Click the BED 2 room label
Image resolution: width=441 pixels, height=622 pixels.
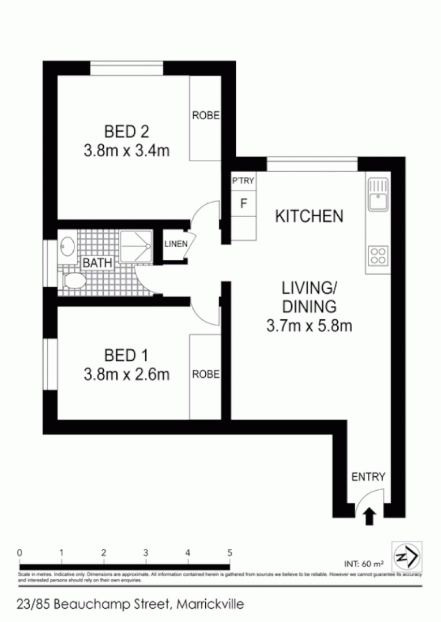126,132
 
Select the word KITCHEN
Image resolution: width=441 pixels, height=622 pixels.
309,217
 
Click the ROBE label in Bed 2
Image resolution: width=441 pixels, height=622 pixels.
206,115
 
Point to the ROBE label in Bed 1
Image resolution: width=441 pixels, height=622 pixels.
206,374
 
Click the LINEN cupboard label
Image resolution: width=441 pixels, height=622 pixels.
176,244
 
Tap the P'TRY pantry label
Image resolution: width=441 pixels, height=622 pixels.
243,181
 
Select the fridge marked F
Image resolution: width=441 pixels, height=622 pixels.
243,203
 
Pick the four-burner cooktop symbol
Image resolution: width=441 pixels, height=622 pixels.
378,255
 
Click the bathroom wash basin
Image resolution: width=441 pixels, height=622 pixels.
67,246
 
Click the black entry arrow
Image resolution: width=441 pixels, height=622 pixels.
369,515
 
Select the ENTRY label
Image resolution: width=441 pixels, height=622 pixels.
368,476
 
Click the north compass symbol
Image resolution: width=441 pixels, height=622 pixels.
406,556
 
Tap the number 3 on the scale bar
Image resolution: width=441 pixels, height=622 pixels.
146,552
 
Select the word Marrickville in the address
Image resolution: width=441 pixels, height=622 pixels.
210,604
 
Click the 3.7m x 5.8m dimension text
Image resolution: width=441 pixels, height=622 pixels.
309,326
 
